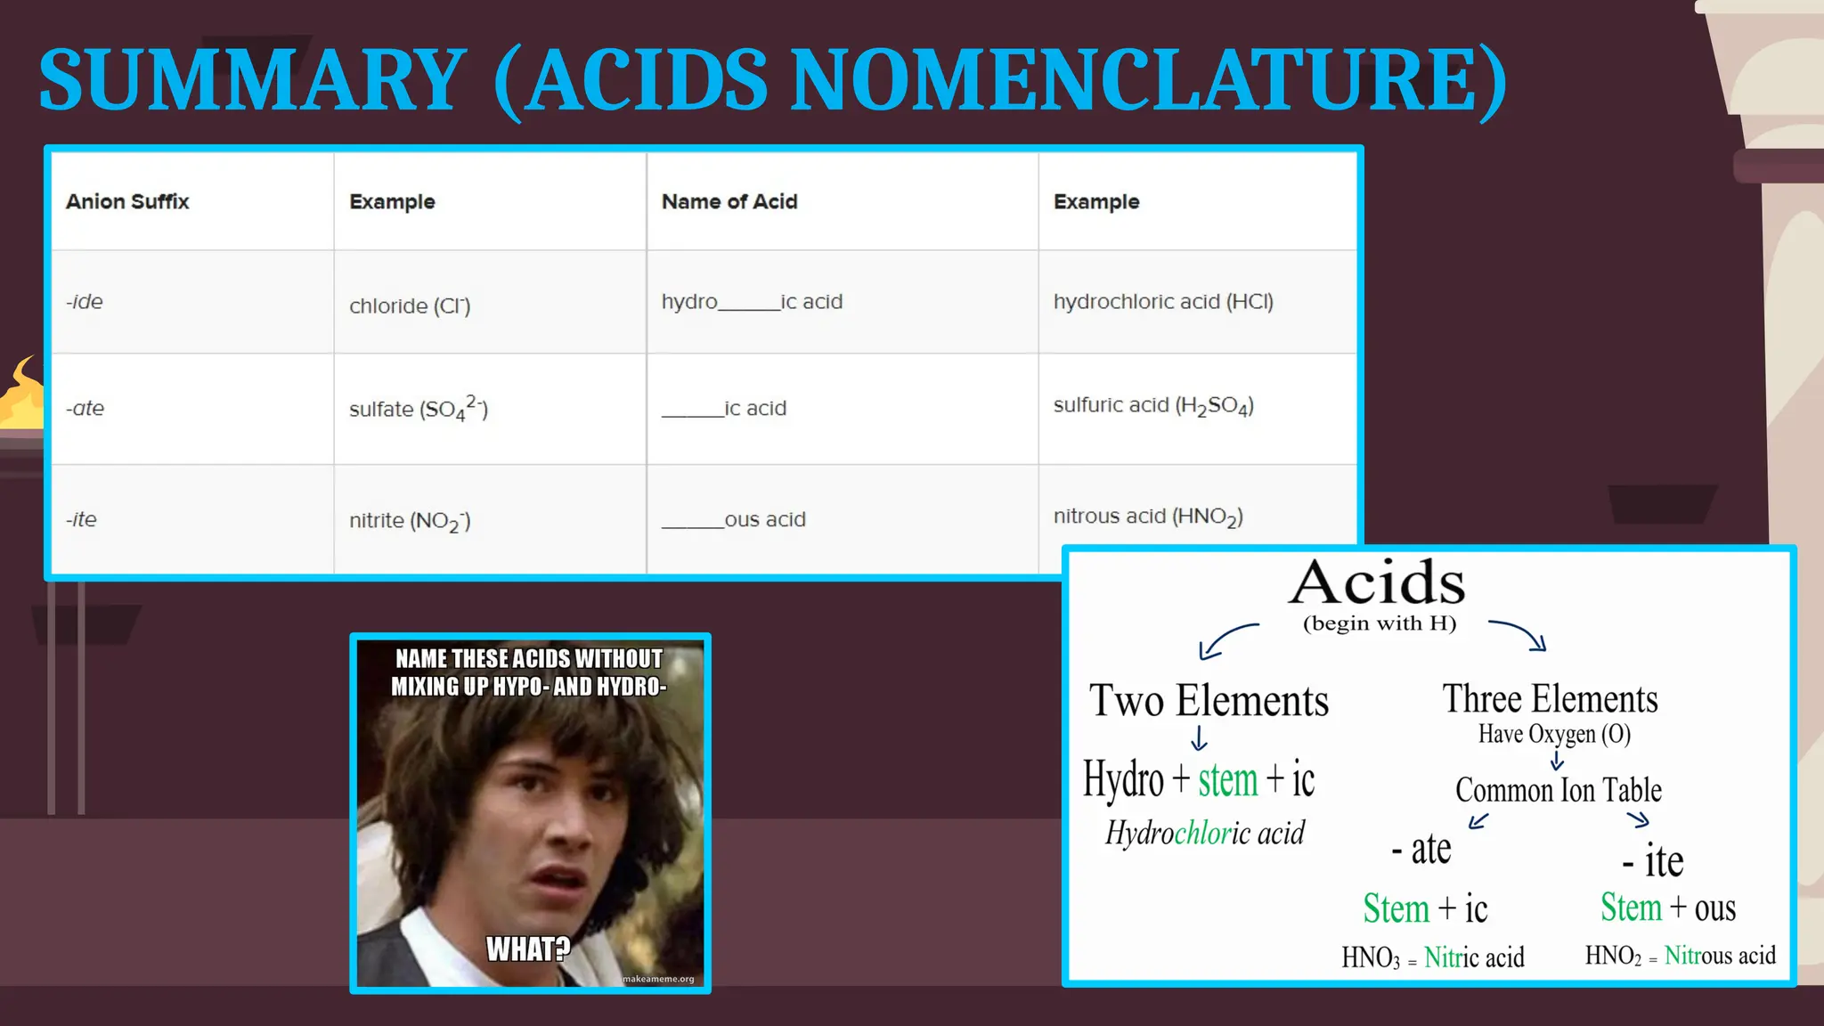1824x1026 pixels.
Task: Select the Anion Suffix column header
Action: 127,201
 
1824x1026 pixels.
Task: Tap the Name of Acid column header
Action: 729,201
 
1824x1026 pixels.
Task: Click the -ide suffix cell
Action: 85,302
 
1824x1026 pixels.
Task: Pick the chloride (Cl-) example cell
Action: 410,305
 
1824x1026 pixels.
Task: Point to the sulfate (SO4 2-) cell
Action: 418,408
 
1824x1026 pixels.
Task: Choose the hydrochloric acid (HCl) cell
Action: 1163,302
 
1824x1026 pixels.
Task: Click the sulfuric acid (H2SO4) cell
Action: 1153,406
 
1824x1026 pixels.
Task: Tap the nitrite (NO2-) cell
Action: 410,520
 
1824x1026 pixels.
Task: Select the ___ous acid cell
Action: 734,519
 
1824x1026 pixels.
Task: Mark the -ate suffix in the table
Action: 85,408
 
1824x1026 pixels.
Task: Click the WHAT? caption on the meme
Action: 528,949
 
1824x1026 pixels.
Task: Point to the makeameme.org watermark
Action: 658,979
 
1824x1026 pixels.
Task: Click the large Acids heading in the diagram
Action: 1378,583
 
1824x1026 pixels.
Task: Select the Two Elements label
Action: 1209,701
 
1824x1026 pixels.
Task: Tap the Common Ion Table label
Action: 1559,790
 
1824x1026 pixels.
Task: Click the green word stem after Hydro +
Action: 1227,780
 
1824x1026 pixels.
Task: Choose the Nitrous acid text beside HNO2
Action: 1720,956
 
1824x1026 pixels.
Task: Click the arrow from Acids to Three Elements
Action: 1519,634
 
